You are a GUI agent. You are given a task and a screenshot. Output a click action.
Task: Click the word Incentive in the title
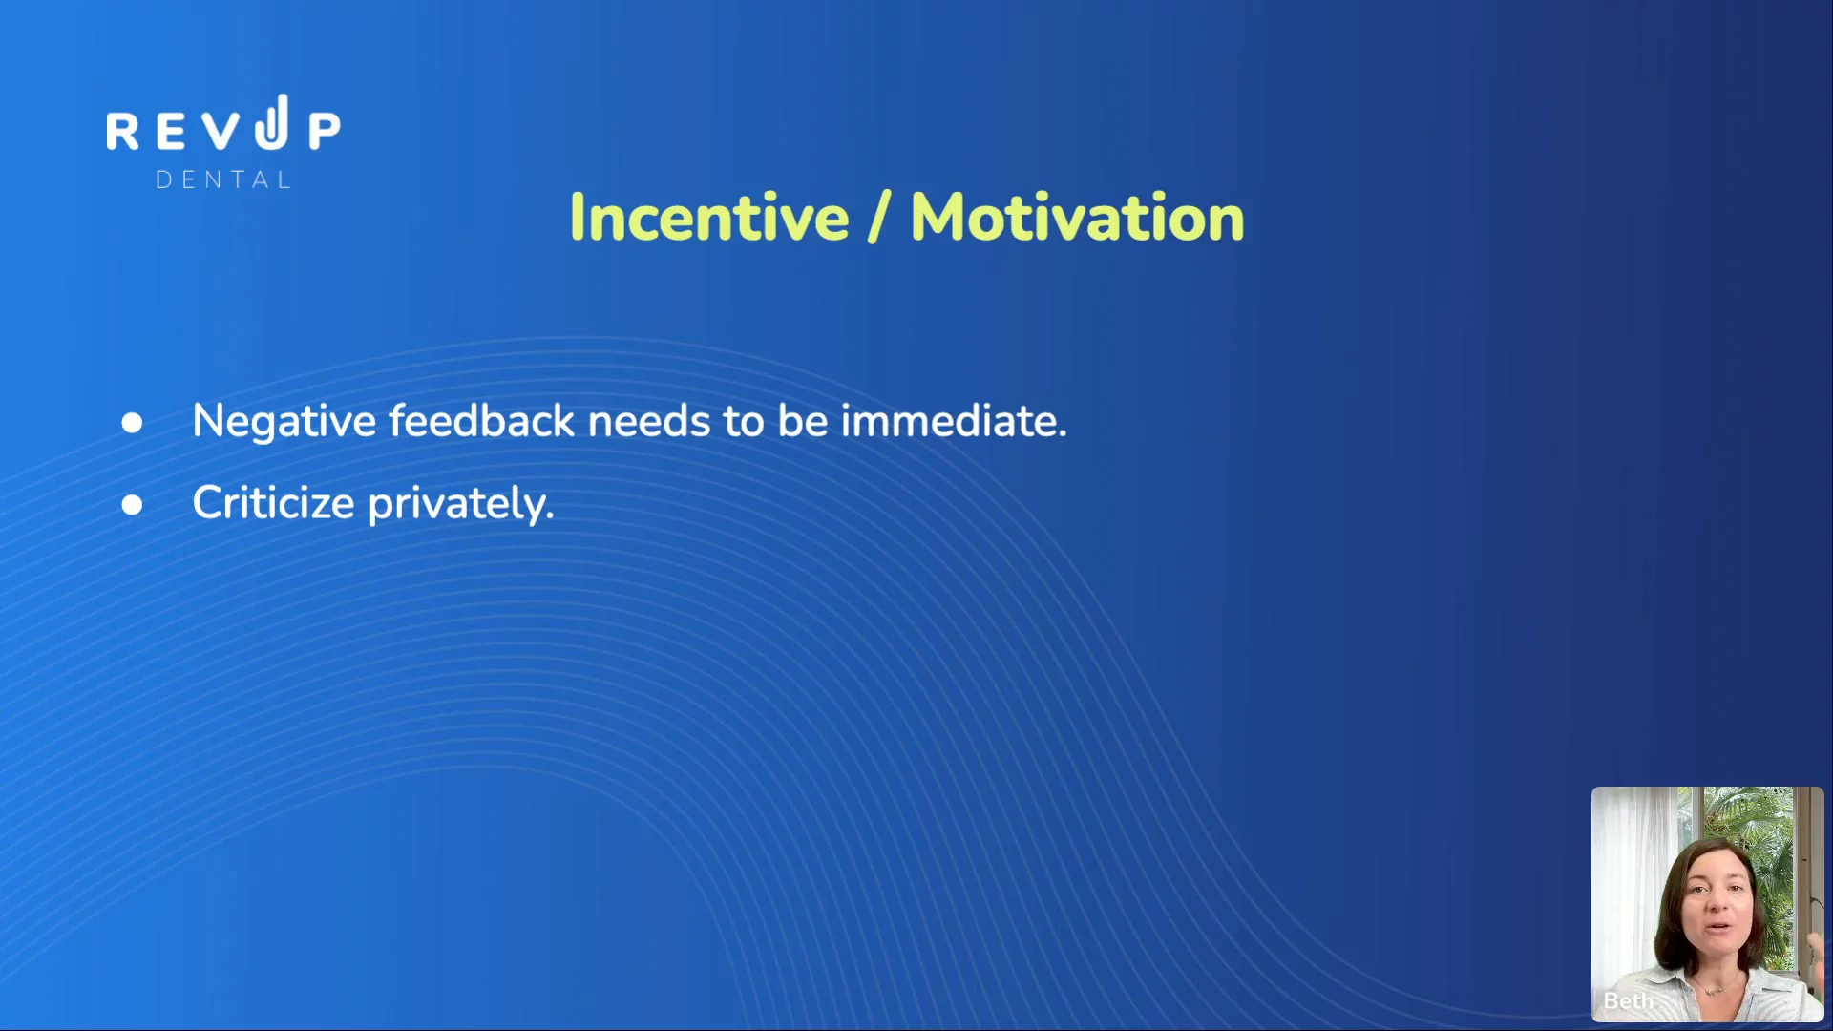tap(709, 217)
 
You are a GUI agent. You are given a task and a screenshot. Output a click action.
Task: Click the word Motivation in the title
tap(1078, 217)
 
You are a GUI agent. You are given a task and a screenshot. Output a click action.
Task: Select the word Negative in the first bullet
tap(284, 422)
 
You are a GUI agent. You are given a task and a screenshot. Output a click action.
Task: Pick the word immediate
tap(954, 420)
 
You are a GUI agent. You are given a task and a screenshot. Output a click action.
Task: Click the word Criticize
tap(273, 503)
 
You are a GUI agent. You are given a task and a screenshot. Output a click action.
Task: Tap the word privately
tap(461, 504)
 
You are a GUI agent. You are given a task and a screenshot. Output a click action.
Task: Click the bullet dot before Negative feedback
tap(132, 423)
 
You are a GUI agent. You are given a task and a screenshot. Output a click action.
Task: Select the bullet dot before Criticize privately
tap(132, 505)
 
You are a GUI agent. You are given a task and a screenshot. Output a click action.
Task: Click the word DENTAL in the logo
tap(223, 180)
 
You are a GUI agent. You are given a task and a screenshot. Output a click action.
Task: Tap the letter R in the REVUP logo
tap(122, 131)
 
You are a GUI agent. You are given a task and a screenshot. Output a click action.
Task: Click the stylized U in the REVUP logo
tap(272, 122)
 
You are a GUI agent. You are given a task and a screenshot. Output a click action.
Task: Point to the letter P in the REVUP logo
tap(325, 131)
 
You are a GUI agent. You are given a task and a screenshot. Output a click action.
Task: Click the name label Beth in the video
tap(1628, 1000)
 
